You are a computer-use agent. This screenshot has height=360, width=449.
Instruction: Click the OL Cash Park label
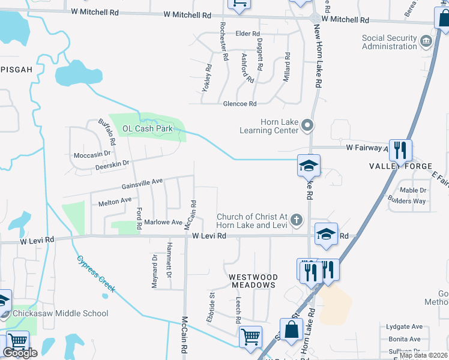pyautogui.click(x=148, y=128)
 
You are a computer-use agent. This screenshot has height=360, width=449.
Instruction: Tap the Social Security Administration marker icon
pyautogui.click(x=426, y=41)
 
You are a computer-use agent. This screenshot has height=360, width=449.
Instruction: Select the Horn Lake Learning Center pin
pyautogui.click(x=307, y=125)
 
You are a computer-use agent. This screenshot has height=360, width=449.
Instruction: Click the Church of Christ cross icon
pyautogui.click(x=296, y=220)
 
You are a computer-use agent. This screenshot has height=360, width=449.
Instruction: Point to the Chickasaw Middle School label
pyautogui.click(x=59, y=313)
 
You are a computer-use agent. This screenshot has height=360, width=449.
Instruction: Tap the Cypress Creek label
pyautogui.click(x=96, y=274)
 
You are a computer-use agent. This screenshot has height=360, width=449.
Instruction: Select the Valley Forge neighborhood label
pyautogui.click(x=400, y=166)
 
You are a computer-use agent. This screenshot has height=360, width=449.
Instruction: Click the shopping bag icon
pyautogui.click(x=291, y=330)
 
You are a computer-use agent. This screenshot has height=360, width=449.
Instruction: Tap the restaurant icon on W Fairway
pyautogui.click(x=400, y=150)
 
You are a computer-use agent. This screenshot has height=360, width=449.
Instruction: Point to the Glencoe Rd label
pyautogui.click(x=240, y=104)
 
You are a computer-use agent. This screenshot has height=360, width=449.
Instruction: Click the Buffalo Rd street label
pyautogui.click(x=107, y=133)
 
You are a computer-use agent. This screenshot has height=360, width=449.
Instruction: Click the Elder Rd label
pyautogui.click(x=247, y=34)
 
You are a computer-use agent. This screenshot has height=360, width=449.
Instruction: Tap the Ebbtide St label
pyautogui.click(x=211, y=307)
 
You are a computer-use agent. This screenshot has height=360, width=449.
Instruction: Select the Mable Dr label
pyautogui.click(x=413, y=190)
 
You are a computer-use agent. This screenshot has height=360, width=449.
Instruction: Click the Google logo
pyautogui.click(x=20, y=353)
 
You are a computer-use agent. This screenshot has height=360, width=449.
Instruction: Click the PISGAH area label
pyautogui.click(x=16, y=70)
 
